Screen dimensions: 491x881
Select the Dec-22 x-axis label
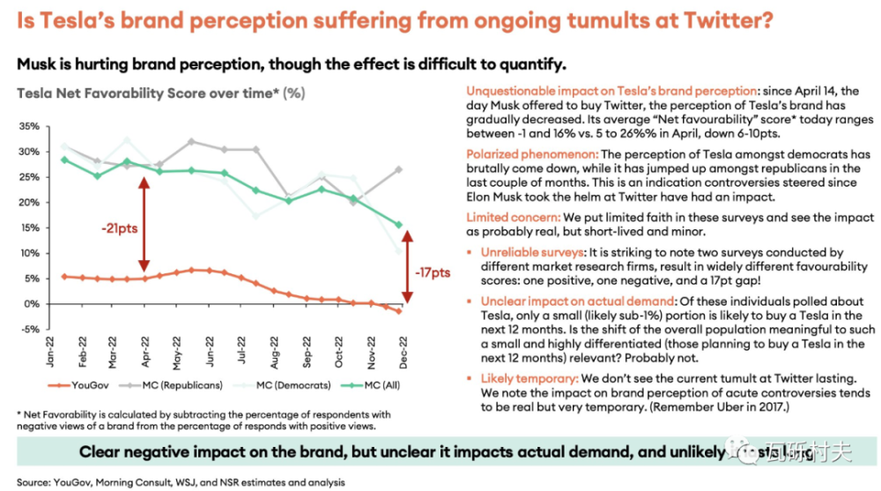point(403,351)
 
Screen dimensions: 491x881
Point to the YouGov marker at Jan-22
point(63,276)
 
